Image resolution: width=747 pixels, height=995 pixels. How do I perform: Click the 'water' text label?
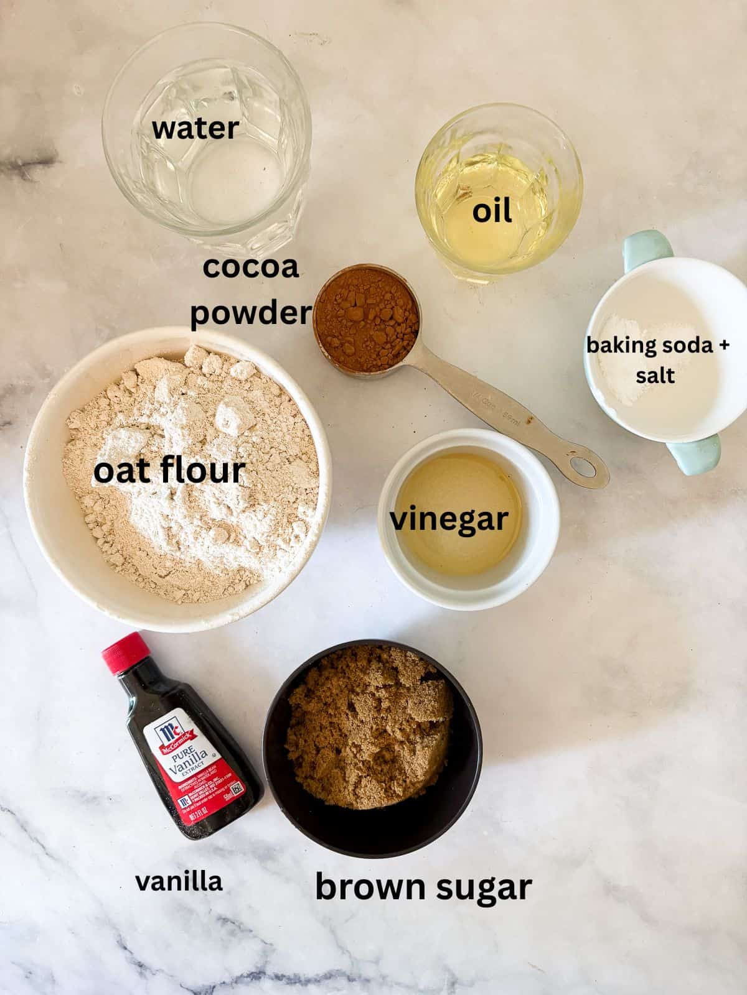(195, 129)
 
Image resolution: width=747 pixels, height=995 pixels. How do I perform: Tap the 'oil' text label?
(492, 211)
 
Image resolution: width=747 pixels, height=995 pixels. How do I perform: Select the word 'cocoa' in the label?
(251, 267)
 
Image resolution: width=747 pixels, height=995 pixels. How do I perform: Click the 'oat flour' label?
(169, 471)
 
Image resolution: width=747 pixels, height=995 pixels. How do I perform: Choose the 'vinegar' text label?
(449, 519)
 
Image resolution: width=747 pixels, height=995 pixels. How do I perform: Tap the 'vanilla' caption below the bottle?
(179, 881)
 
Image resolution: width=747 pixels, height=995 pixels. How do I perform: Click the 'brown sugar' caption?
(423, 886)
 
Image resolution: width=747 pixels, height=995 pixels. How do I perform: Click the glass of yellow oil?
(498, 193)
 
